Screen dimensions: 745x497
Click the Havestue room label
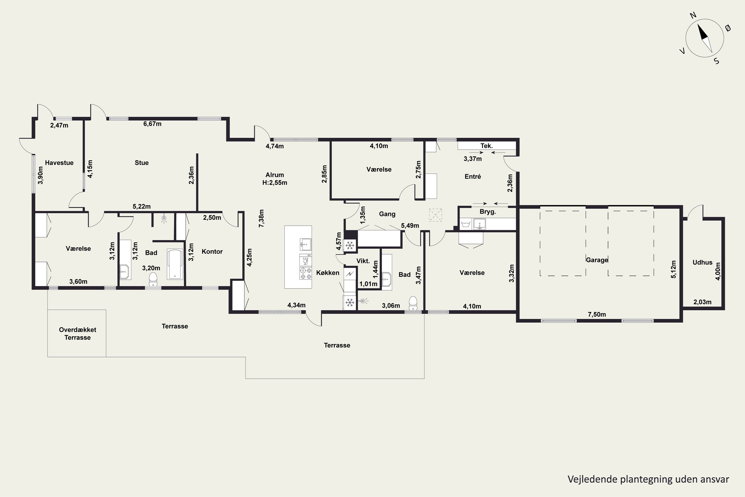59,163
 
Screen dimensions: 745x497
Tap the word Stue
142,163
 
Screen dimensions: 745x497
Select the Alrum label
275,175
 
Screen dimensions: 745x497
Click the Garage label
597,260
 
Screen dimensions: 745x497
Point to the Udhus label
702,262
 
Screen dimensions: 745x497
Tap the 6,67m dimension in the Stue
152,124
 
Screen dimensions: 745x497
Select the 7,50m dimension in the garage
597,314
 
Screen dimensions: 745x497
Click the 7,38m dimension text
261,218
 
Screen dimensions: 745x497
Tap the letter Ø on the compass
728,28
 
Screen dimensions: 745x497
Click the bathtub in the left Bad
175,265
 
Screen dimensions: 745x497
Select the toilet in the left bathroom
153,279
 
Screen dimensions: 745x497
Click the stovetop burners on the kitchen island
305,273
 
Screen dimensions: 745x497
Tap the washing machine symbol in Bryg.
466,224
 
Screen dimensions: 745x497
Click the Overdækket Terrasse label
77,333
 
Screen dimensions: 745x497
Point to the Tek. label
486,146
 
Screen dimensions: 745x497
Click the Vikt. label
363,261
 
